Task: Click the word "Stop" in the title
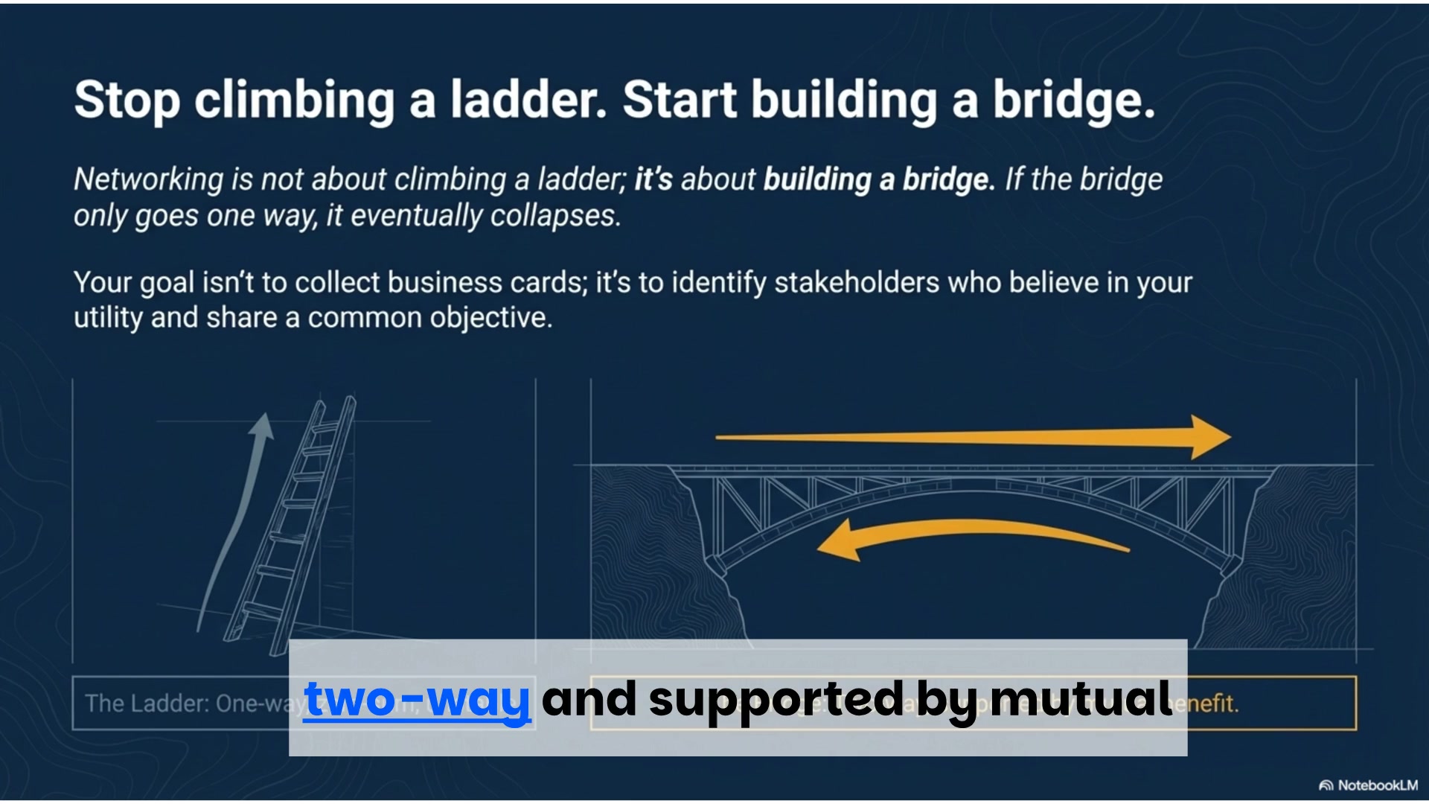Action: pyautogui.click(x=127, y=100)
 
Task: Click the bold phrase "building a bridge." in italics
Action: pyautogui.click(x=879, y=179)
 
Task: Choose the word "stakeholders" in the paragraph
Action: pyautogui.click(x=857, y=283)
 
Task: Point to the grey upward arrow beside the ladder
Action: pyautogui.click(x=238, y=514)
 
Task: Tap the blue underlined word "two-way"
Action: pyautogui.click(x=417, y=699)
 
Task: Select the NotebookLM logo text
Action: pyautogui.click(x=1369, y=785)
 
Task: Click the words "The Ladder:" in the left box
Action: pyautogui.click(x=146, y=703)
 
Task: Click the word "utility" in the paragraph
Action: pyautogui.click(x=108, y=318)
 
